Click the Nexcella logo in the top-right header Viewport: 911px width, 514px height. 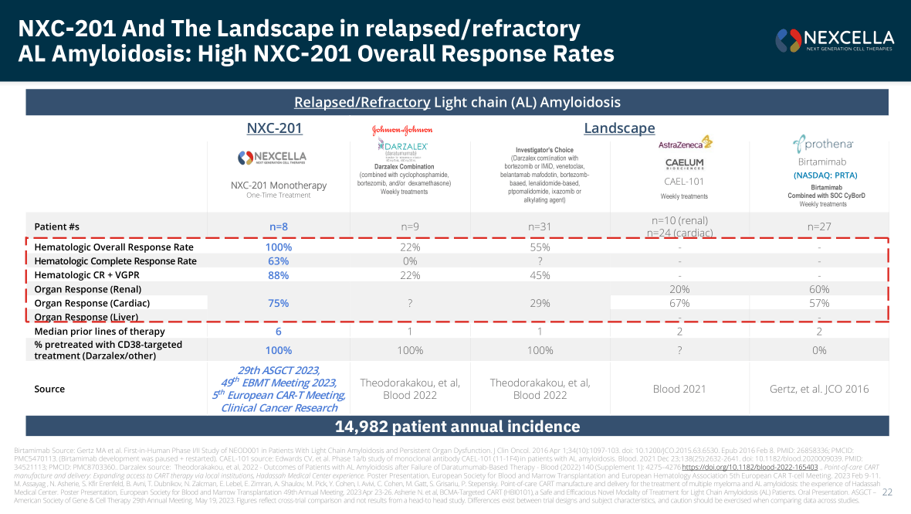point(835,39)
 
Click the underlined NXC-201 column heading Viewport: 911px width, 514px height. point(274,128)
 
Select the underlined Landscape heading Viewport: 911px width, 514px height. point(619,128)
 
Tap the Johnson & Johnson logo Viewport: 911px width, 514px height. point(402,130)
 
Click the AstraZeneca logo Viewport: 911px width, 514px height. point(685,143)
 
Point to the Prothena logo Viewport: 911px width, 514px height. point(821,144)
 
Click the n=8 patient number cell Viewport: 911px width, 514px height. point(279,226)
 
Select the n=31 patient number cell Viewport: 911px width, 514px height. point(540,226)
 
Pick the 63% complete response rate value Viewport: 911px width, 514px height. point(279,261)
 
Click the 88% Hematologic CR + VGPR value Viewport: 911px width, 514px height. point(279,275)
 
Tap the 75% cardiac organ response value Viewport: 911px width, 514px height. point(279,303)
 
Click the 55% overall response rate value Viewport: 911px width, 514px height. point(540,247)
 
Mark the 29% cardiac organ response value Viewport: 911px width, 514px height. point(540,303)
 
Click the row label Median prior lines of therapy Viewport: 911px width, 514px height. point(100,332)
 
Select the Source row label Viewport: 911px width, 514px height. point(50,389)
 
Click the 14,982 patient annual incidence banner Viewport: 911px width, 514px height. point(457,427)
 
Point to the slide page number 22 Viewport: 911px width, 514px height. point(887,492)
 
